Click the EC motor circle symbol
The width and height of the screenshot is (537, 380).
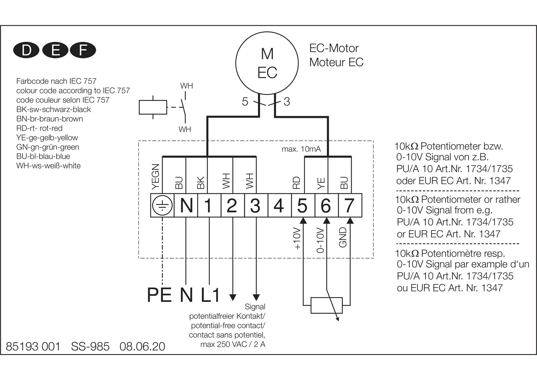pyautogui.click(x=267, y=63)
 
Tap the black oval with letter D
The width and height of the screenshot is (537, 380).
pyautogui.click(x=26, y=50)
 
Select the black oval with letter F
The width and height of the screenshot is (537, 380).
pyautogui.click(x=83, y=50)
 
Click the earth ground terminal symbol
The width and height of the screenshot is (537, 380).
pyautogui.click(x=162, y=205)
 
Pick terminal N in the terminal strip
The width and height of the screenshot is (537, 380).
pyautogui.click(x=186, y=205)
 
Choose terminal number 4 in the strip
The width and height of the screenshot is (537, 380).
pyautogui.click(x=279, y=205)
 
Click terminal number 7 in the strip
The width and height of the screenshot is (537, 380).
pyautogui.click(x=349, y=205)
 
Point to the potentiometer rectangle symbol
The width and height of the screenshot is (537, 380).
pyautogui.click(x=326, y=305)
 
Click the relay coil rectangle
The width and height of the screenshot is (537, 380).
pyautogui.click(x=153, y=107)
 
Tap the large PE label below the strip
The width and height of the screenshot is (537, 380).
pyautogui.click(x=159, y=295)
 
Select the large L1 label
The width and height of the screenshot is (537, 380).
pyautogui.click(x=211, y=295)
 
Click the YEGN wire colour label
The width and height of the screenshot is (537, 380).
pyautogui.click(x=155, y=176)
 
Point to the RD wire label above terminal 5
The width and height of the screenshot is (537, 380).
pyautogui.click(x=296, y=183)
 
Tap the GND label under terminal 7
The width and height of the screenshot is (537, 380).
pyautogui.click(x=343, y=237)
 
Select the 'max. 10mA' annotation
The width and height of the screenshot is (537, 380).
pyautogui.click(x=301, y=149)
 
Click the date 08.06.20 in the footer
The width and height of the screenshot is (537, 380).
pyautogui.click(x=142, y=347)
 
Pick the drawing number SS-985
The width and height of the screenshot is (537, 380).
pyautogui.click(x=90, y=347)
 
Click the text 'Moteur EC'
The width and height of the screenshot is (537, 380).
pyautogui.click(x=336, y=62)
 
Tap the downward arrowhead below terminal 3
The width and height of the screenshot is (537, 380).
pyautogui.click(x=256, y=297)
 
